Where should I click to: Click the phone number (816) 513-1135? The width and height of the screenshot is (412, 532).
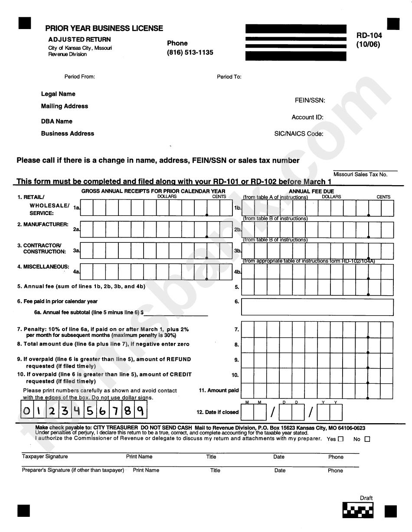[190, 52]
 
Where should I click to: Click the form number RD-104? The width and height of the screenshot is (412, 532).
[369, 36]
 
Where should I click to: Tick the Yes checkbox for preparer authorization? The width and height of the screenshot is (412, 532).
[340, 439]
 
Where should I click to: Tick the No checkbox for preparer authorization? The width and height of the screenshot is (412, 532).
[367, 439]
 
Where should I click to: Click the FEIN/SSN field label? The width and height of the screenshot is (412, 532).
[310, 100]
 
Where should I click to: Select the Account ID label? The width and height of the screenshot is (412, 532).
[307, 117]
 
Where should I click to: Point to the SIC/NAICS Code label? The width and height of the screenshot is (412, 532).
[298, 134]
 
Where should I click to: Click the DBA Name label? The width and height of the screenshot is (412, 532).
[56, 121]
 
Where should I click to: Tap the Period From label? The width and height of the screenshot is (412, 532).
[79, 77]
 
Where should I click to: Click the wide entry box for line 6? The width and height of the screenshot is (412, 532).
[317, 307]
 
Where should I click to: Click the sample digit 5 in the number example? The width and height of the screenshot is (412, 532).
[90, 410]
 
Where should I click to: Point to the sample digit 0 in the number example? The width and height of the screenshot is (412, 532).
[27, 410]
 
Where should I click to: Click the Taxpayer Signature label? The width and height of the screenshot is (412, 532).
[45, 457]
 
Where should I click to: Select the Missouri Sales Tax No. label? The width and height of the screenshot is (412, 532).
[360, 174]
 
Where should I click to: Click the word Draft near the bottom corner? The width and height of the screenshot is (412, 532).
[366, 498]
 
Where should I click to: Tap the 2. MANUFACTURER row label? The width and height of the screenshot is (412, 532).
[43, 225]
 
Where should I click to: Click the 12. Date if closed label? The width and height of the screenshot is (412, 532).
[217, 412]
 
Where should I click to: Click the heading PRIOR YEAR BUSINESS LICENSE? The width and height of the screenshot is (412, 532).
[104, 28]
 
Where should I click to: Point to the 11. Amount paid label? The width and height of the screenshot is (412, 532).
[219, 390]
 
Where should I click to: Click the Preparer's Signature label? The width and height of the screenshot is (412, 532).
[73, 470]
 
